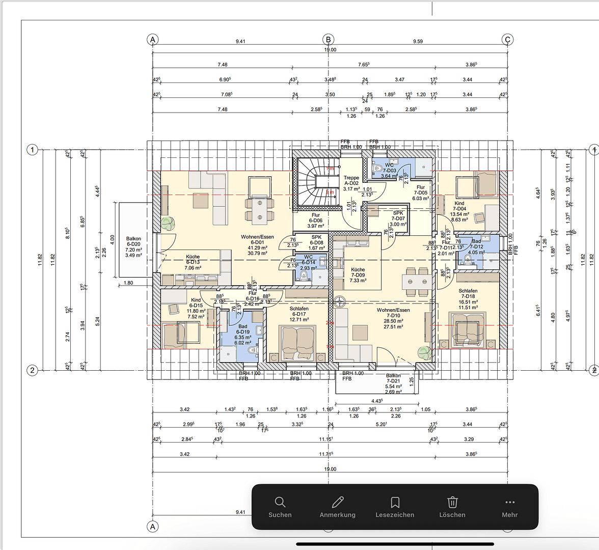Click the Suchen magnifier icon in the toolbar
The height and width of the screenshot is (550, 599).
(280, 502)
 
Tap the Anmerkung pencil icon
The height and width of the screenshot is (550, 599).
(337, 502)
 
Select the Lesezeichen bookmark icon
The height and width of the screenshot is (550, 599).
(395, 502)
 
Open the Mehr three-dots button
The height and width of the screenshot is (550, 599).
(509, 502)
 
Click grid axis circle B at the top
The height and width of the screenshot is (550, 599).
(329, 39)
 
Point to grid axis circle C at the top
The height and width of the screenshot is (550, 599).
(507, 39)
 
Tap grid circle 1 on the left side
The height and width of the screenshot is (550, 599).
(32, 150)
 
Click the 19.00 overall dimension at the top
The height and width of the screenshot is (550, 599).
(330, 50)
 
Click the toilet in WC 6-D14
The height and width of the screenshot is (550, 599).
(304, 276)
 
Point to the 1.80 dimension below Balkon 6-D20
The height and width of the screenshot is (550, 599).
(128, 283)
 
